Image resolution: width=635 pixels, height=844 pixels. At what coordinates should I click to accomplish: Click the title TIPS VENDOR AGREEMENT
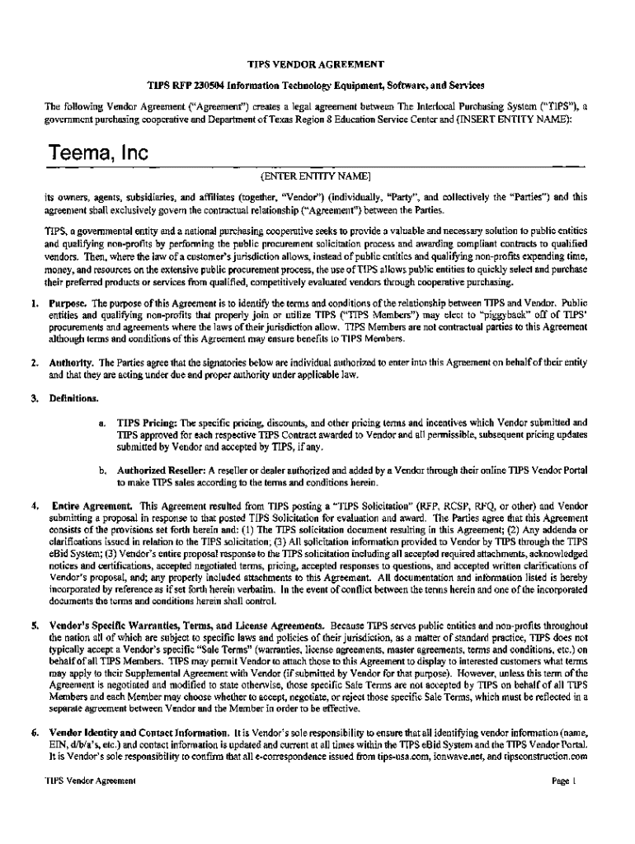[317, 63]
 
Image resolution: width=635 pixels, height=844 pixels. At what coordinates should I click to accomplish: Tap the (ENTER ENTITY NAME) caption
[317, 176]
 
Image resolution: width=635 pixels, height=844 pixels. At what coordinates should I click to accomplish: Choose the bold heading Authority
[72, 363]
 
